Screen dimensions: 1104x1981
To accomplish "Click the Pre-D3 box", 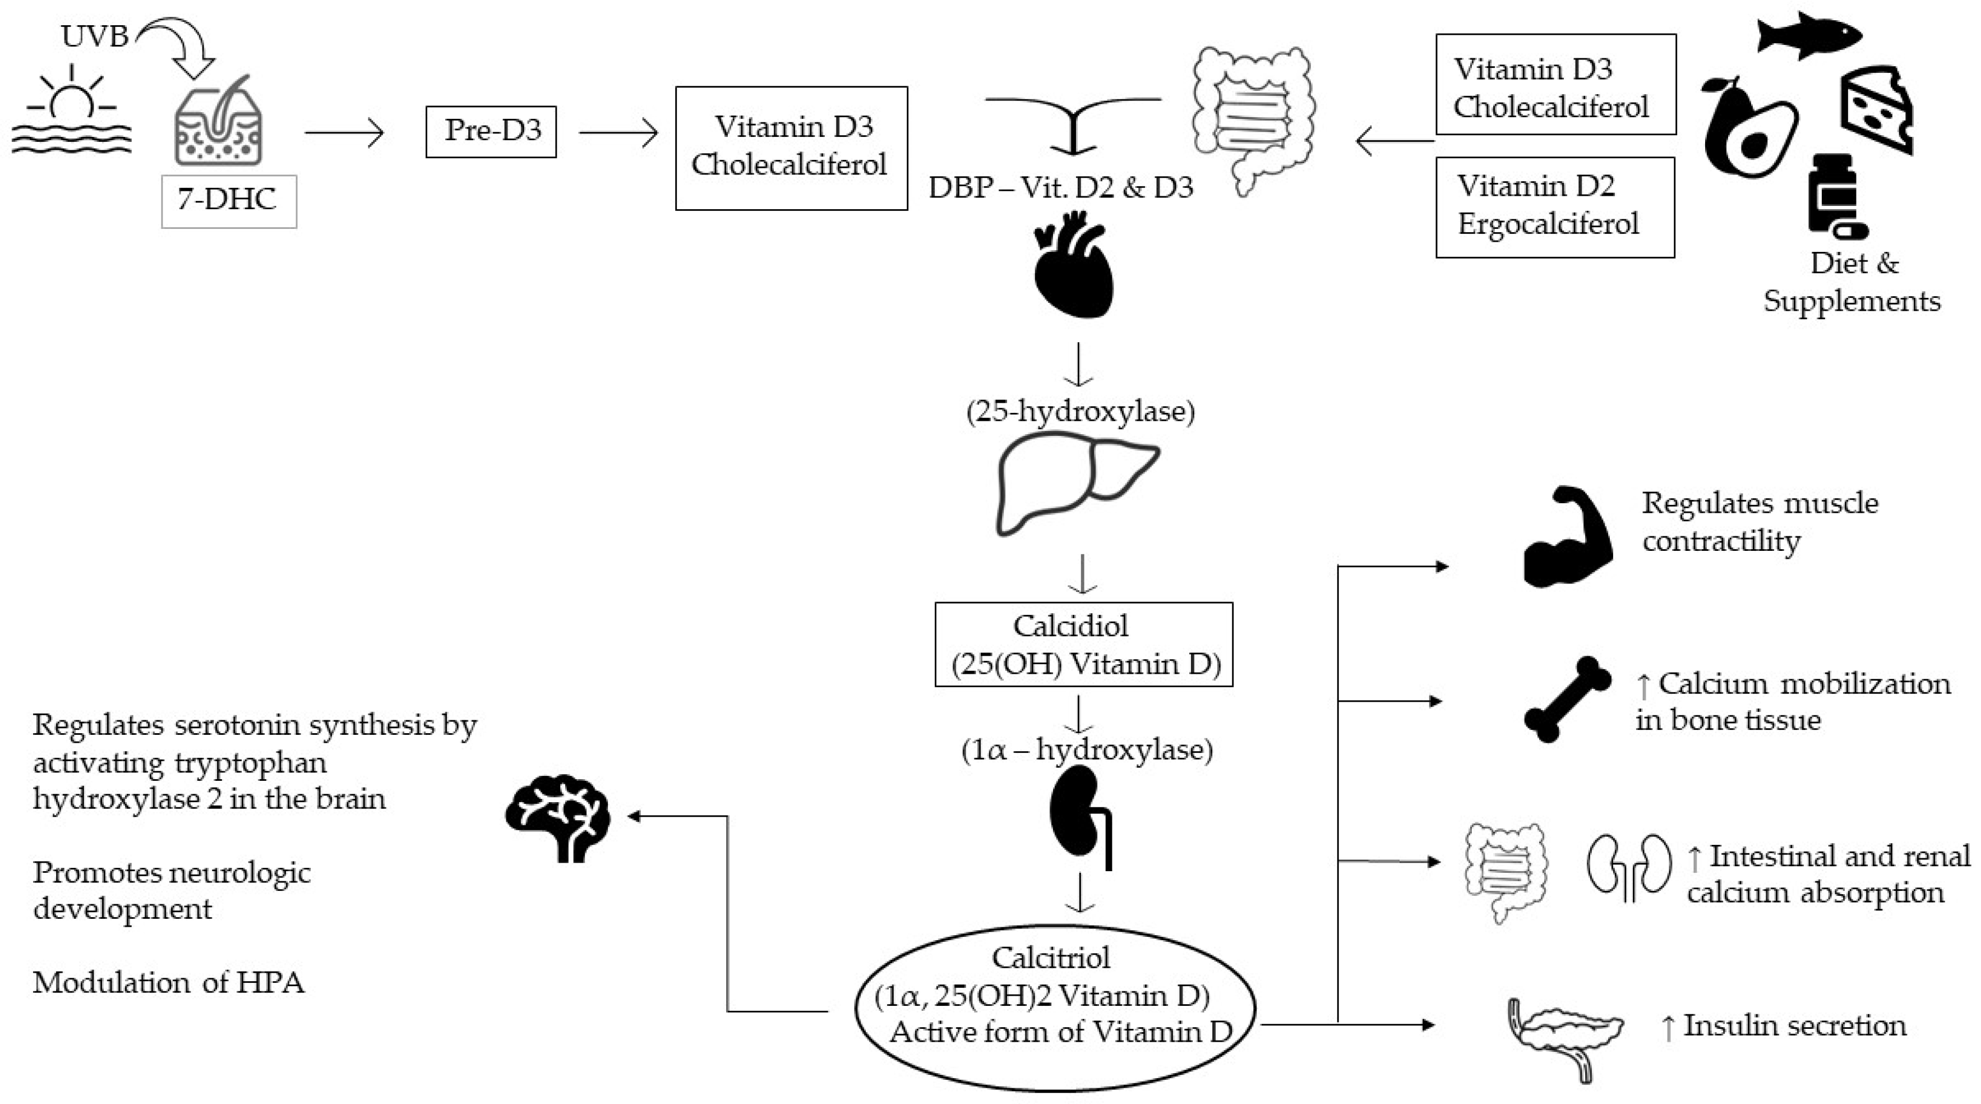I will (x=491, y=132).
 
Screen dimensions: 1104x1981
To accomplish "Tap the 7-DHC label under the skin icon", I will (x=228, y=201).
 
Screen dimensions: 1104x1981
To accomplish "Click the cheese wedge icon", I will (x=1876, y=109).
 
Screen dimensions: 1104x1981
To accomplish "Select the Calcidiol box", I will (x=1083, y=644).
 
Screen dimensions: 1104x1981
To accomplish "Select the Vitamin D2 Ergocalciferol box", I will (x=1554, y=207).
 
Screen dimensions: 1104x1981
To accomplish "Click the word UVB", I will (x=95, y=36).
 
